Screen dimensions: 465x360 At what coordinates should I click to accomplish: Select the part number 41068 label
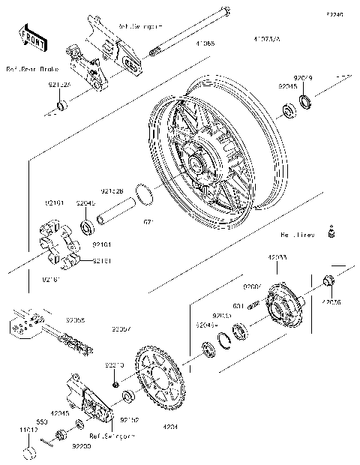(206, 44)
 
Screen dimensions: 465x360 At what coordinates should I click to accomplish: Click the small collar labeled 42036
(328, 282)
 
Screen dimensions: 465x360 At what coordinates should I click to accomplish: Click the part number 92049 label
(303, 77)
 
